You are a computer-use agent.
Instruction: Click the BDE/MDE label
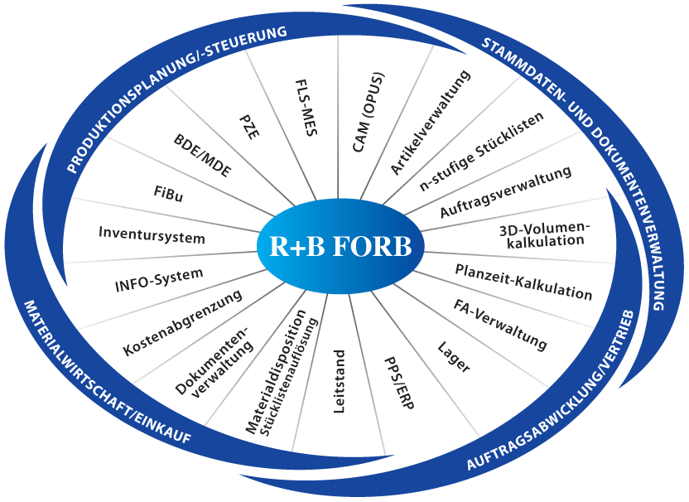[203, 155]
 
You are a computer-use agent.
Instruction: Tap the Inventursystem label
[152, 234]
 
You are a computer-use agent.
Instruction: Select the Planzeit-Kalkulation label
[523, 282]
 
